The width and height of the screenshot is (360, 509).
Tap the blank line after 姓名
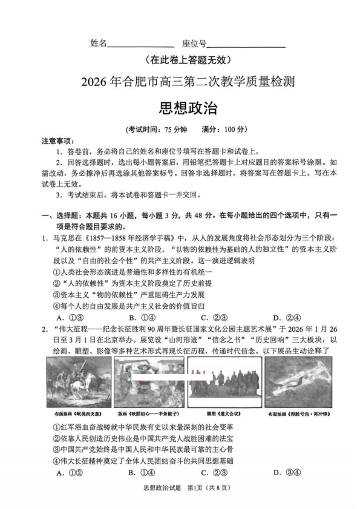pos(140,44)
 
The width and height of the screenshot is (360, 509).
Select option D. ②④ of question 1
pos(284,317)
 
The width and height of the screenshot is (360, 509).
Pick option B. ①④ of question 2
pos(141,472)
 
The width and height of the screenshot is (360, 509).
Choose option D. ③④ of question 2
pos(284,472)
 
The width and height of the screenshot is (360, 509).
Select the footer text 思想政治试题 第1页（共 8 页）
pos(180,488)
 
